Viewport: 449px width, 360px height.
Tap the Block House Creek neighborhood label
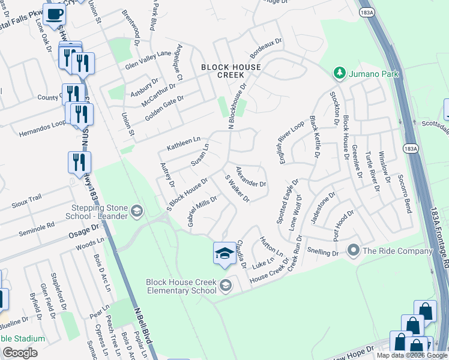(231, 71)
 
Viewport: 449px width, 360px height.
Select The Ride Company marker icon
(354, 249)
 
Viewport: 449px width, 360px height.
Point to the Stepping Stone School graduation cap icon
(137, 210)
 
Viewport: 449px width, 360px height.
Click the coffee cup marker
(55, 14)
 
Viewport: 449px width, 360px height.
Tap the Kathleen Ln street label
(184, 143)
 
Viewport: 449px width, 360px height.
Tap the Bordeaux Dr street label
(266, 48)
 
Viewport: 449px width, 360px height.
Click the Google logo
(20, 353)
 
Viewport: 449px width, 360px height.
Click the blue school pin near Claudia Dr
(224, 253)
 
